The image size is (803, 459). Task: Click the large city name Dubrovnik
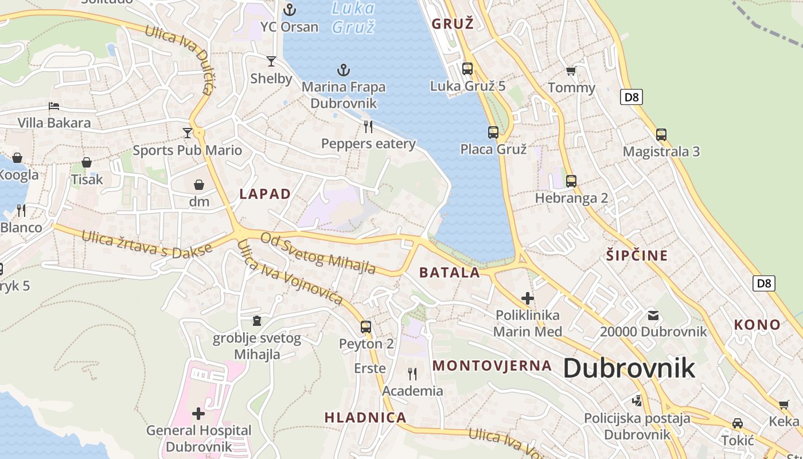629,368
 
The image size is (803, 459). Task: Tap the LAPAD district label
265,194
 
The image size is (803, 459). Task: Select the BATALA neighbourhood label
450,272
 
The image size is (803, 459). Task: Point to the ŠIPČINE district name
637,255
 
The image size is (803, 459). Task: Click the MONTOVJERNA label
492,365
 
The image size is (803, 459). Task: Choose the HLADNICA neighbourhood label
366,417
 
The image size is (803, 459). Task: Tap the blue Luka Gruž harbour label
353,17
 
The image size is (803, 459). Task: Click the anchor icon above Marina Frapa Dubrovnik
343,71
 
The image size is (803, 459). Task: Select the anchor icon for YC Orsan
290,10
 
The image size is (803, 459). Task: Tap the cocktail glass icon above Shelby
271,61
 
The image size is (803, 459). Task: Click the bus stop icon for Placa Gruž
493,133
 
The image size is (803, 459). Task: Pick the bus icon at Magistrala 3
661,135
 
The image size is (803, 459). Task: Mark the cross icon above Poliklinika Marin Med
527,298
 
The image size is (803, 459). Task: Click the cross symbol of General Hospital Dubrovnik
198,413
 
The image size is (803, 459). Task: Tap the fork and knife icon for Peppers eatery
368,126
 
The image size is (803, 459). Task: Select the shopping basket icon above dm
199,185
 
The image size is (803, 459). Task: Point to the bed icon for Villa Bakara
54,106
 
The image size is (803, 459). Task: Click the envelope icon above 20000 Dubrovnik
653,315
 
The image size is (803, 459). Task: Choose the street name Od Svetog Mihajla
318,253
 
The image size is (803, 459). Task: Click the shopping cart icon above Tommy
571,71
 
